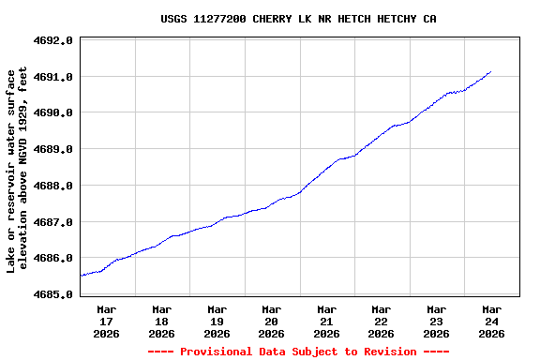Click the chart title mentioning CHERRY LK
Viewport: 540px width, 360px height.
[298, 19]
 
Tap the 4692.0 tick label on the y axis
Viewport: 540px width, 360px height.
[53, 41]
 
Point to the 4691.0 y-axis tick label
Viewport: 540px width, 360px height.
[53, 77]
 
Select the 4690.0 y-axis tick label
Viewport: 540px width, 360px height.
[53, 113]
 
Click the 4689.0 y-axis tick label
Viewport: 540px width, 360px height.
[53, 150]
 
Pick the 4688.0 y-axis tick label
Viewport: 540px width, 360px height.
[53, 186]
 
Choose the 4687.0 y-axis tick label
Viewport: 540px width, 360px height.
[53, 222]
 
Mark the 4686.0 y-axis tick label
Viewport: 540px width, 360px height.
[53, 259]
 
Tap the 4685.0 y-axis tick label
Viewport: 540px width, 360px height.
[53, 294]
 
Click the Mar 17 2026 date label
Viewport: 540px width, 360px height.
[107, 321]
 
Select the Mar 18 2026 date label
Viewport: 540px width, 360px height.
[161, 321]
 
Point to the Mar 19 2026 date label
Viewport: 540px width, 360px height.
[217, 321]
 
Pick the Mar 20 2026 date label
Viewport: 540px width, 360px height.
[272, 321]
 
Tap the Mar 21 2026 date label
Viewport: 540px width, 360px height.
[326, 321]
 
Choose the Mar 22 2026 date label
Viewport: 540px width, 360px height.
[382, 321]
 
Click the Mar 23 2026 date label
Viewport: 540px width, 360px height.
[436, 321]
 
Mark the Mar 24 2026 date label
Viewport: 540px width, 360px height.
[491, 321]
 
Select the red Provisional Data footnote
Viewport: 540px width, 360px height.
[298, 352]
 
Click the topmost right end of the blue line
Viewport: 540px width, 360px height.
[490, 71]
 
